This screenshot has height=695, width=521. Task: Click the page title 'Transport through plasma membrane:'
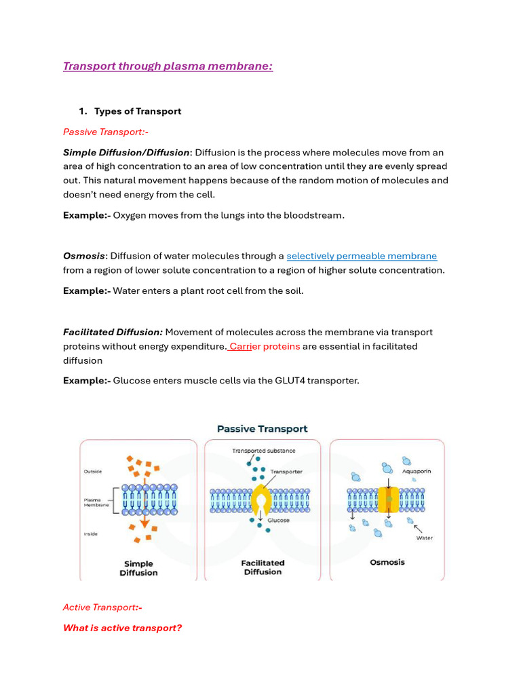point(168,67)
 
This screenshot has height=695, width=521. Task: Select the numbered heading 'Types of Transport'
point(138,111)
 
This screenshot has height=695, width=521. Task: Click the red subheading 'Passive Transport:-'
point(105,132)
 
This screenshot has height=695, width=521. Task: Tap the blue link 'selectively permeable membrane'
point(362,256)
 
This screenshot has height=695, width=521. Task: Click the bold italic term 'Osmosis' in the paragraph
point(84,256)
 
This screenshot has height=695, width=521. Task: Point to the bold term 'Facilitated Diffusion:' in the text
point(113,332)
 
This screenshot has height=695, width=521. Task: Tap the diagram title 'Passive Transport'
point(262,429)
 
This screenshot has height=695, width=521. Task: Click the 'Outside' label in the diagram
point(92,470)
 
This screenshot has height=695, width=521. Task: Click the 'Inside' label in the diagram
point(91,533)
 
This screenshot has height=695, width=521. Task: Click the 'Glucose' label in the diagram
point(278,521)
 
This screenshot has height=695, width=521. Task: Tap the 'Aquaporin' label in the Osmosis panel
point(417,471)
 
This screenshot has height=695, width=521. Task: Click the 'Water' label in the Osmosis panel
point(424,538)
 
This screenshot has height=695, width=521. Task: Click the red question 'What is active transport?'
point(122,628)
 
